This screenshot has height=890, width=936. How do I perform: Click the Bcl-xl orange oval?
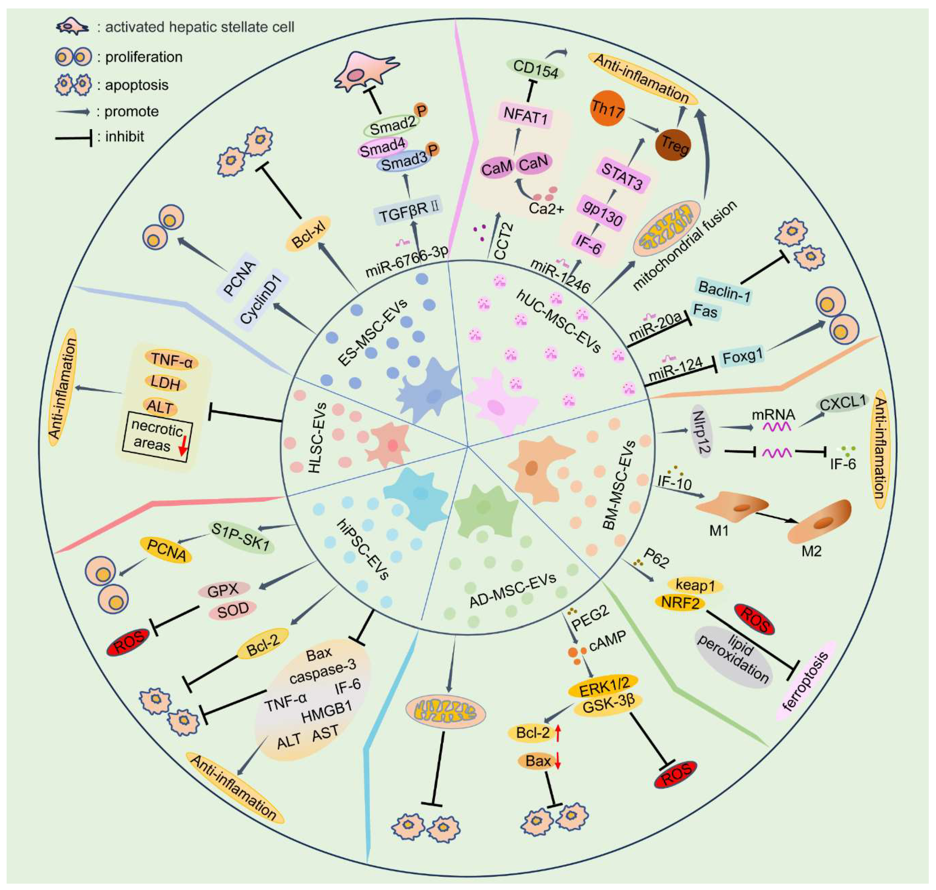pyautogui.click(x=308, y=234)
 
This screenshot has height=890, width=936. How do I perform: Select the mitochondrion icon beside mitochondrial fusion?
pyautogui.click(x=668, y=229)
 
